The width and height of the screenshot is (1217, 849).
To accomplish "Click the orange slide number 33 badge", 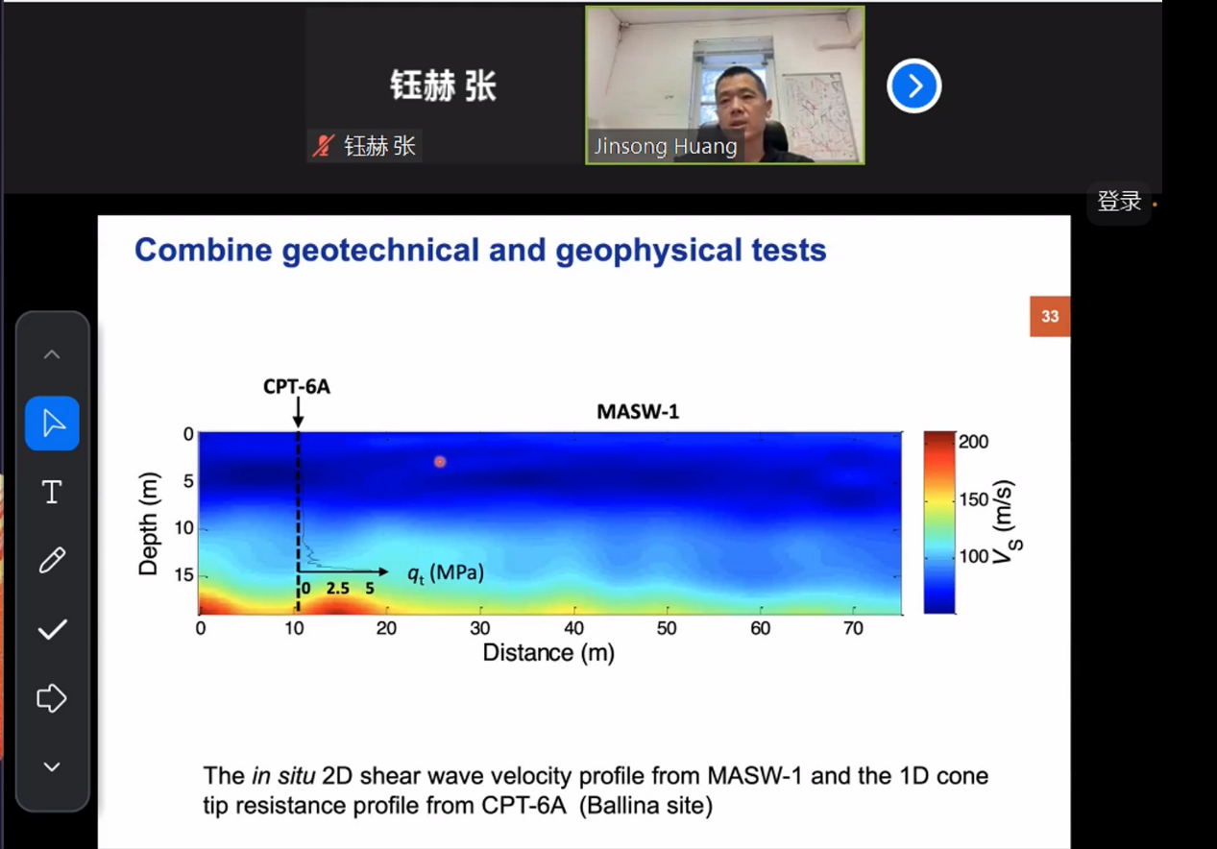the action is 1050,316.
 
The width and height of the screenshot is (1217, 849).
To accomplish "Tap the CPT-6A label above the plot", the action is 297,387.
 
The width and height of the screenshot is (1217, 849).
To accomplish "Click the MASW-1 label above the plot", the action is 638,412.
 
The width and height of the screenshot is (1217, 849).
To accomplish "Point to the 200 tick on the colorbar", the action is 973,442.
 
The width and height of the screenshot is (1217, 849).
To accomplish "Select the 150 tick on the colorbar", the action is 973,499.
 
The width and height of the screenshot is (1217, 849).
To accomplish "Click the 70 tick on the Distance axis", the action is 853,628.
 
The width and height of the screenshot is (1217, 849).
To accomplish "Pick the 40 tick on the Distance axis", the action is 573,628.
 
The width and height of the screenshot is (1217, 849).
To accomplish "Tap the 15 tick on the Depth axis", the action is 184,574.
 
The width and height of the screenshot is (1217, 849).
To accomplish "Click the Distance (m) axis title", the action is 548,653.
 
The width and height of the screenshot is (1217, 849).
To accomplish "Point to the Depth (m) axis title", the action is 148,523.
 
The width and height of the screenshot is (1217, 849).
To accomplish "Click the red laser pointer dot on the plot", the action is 440,462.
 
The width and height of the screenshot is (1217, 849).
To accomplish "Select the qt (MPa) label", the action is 446,573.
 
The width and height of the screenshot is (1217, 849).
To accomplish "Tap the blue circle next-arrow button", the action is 913,85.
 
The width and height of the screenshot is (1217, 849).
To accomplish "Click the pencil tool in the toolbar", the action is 52,560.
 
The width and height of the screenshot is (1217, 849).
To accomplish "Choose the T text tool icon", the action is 52,492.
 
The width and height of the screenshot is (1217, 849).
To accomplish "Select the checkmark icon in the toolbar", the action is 52,629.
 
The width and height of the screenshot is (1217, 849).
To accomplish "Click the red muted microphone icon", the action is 324,146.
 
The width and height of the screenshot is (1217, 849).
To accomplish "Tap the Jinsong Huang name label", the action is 665,147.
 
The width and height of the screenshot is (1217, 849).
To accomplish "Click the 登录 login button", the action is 1119,202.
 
